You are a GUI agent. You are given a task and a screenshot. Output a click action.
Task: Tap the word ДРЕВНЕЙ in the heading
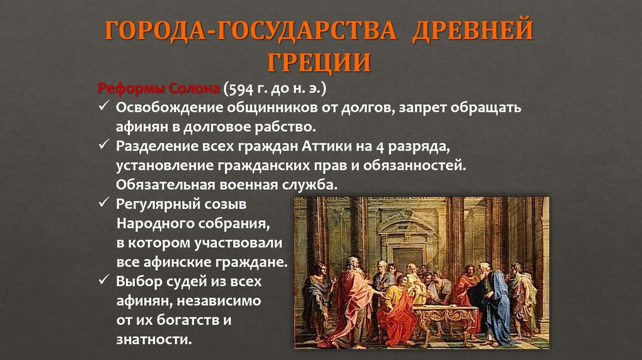tap(471, 31)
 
